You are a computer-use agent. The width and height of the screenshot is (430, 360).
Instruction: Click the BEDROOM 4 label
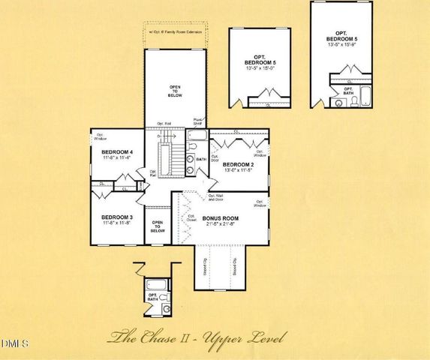click(x=116, y=151)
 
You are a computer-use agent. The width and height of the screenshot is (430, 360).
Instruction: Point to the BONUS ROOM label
click(x=220, y=218)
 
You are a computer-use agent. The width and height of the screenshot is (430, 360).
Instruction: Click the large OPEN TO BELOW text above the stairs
click(x=174, y=93)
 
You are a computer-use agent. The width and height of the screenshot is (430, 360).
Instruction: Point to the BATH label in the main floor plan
click(x=200, y=160)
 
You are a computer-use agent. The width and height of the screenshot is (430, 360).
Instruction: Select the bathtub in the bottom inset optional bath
click(x=158, y=284)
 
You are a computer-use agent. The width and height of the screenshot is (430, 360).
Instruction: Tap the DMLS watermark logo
click(x=14, y=343)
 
